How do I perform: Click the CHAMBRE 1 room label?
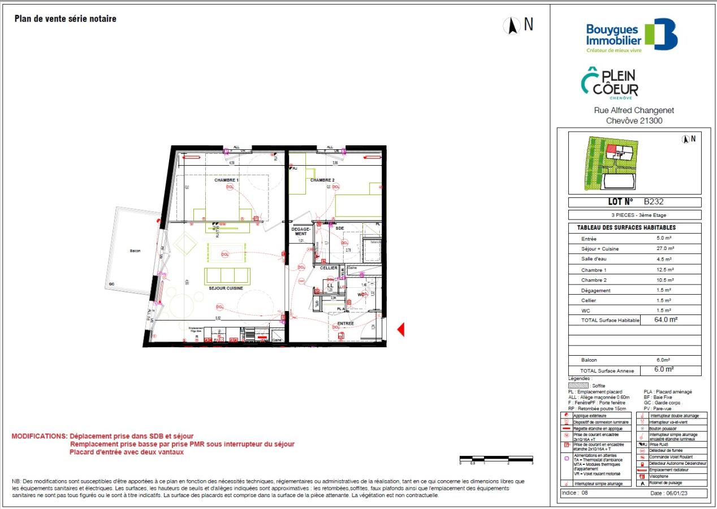(x=226, y=180)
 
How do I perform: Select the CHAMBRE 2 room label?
(x=322, y=180)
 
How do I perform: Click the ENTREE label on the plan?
(x=345, y=324)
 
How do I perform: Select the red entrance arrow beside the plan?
(x=401, y=330)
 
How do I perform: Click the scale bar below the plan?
(x=496, y=458)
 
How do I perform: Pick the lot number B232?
(x=653, y=202)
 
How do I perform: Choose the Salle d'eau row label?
(x=594, y=259)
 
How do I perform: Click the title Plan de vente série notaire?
(x=65, y=19)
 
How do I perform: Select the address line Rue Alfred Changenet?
(x=634, y=111)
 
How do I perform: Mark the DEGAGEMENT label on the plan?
(x=300, y=231)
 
